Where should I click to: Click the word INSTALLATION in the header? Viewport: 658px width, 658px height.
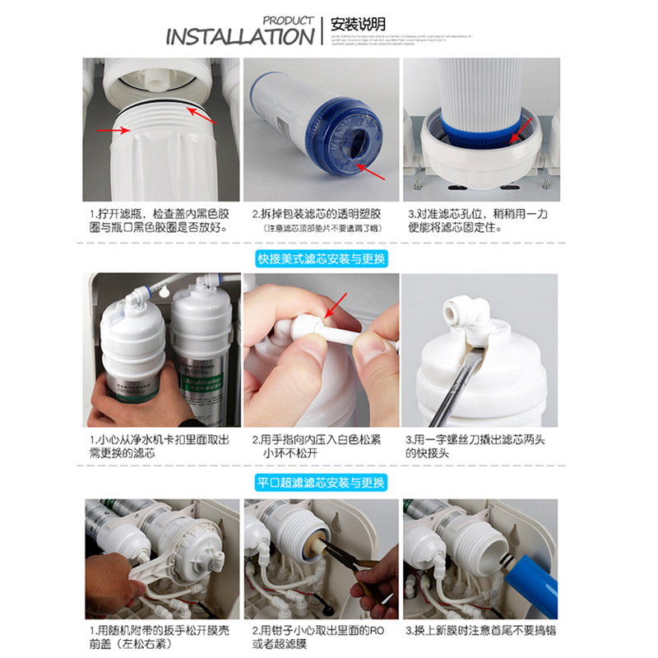pyautogui.click(x=239, y=37)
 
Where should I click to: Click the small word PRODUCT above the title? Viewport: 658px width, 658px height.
pyautogui.click(x=289, y=20)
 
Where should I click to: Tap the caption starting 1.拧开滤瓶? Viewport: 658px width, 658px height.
pyautogui.click(x=159, y=220)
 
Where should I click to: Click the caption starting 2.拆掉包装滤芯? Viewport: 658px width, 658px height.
pyautogui.click(x=320, y=220)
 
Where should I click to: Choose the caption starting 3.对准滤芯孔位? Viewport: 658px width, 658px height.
pyautogui.click(x=476, y=220)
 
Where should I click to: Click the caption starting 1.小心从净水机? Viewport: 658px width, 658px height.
pyautogui.click(x=159, y=446)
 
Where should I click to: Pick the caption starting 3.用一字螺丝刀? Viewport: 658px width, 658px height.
pyautogui.click(x=476, y=446)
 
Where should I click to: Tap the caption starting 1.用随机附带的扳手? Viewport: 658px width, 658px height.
pyautogui.click(x=159, y=637)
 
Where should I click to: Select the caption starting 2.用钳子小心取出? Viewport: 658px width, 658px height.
pyautogui.click(x=320, y=637)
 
